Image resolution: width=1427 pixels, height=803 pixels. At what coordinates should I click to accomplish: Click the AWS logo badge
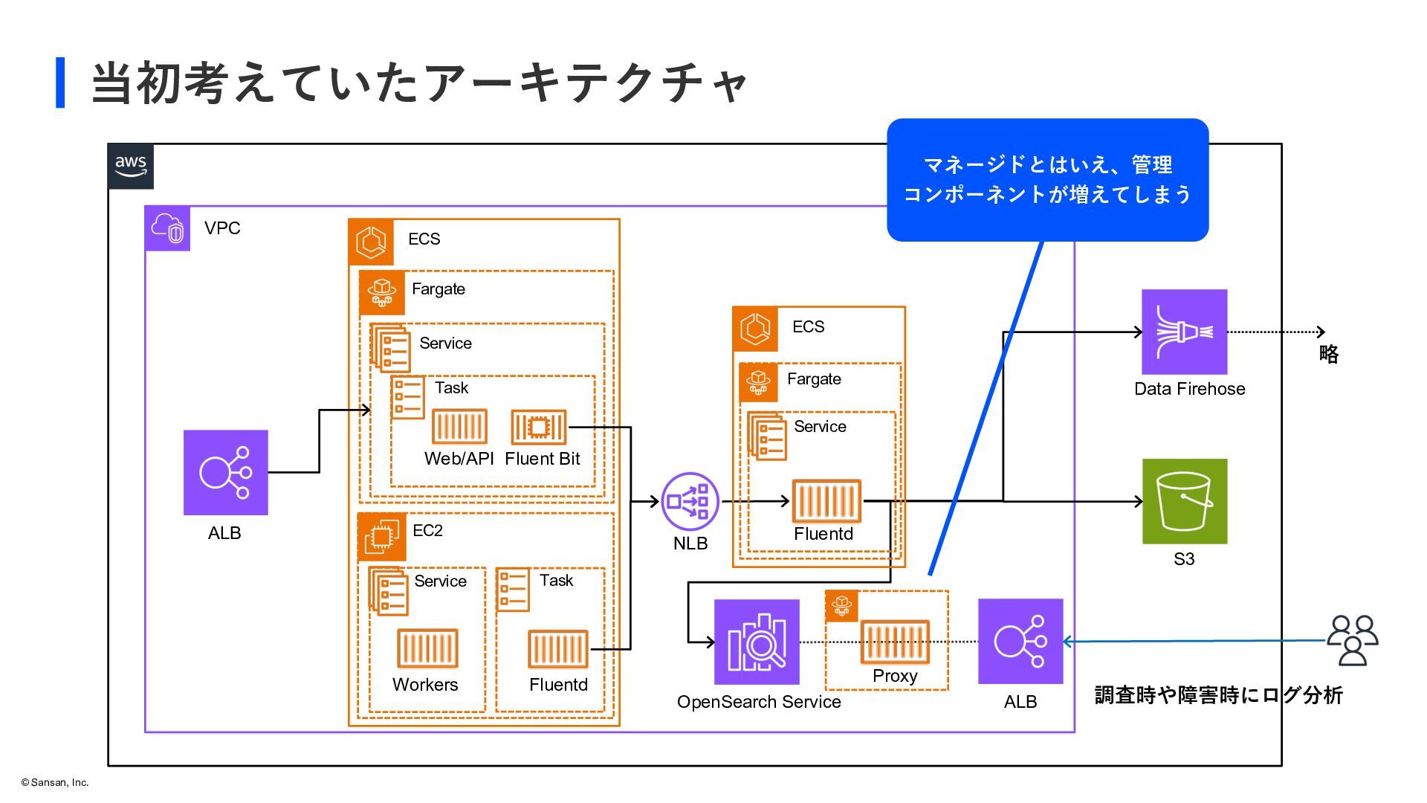131,167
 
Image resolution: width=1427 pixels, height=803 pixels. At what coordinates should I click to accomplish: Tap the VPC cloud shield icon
167,228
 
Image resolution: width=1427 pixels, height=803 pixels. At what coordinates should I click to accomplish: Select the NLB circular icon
690,501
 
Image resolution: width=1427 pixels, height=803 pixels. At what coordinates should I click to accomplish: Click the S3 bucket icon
1184,501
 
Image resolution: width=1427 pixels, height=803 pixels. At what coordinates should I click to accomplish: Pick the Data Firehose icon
1184,332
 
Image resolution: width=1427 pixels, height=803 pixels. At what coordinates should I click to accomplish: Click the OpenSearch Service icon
757,642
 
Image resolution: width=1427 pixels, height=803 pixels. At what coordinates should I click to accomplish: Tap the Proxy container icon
895,642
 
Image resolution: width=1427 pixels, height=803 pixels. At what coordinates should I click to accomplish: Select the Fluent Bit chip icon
539,427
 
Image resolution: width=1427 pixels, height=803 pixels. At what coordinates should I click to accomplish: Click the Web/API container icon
459,427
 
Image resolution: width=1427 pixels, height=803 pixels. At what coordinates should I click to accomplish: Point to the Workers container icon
427,648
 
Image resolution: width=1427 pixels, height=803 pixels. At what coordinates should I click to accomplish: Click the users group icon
1353,640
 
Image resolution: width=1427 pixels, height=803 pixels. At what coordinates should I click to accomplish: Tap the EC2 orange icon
382,536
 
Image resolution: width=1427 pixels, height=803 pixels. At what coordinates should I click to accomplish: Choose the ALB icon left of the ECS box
226,472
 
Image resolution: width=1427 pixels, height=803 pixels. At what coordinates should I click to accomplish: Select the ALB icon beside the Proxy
1020,641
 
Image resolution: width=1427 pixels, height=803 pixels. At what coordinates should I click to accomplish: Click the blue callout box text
1047,179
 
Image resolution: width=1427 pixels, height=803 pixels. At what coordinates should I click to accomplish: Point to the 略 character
1329,354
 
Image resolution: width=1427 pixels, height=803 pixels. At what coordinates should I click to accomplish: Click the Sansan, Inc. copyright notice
55,782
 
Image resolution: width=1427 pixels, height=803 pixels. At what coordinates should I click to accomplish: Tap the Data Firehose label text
1189,389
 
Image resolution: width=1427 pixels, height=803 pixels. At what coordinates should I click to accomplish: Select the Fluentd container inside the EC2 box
557,648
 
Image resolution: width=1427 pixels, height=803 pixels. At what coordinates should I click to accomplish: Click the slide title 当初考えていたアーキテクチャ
419,83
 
